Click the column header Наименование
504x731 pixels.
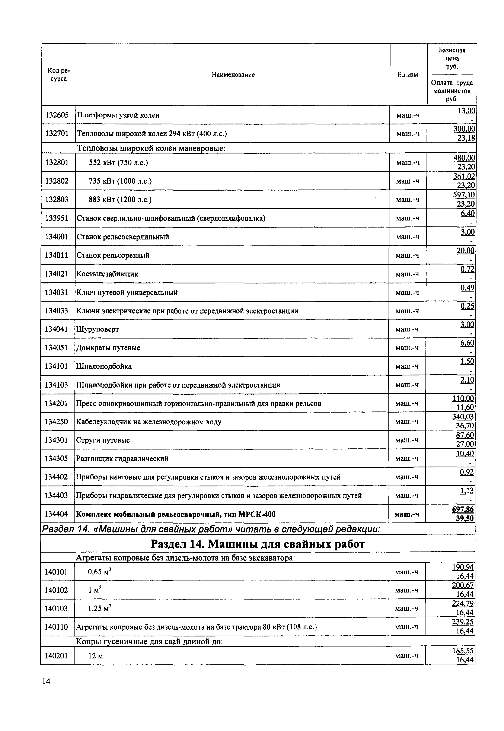pyautogui.click(x=233, y=75)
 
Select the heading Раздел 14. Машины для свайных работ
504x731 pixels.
pyautogui.click(x=257, y=544)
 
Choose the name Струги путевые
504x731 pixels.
pyautogui.click(x=103, y=440)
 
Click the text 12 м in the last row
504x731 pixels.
pyautogui.click(x=95, y=656)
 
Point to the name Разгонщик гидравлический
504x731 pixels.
pyautogui.click(x=122, y=458)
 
